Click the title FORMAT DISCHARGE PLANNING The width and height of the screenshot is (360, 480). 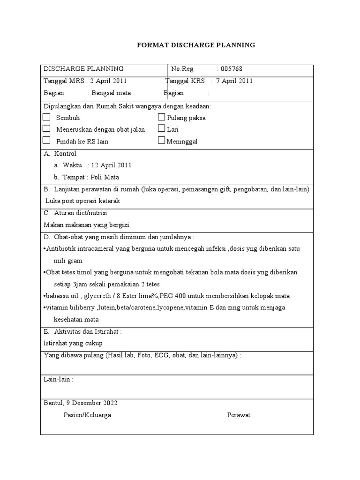pos(196,45)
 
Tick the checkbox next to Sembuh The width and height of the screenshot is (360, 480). pos(46,117)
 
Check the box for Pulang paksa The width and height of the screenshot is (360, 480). pos(162,117)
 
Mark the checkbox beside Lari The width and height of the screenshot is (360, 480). pos(162,128)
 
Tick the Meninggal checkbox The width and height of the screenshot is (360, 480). pos(162,140)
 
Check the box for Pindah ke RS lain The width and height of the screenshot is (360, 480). pos(46,140)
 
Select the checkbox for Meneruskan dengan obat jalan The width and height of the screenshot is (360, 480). pos(46,128)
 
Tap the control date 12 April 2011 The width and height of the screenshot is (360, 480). pos(112,165)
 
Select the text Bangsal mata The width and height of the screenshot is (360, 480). pos(111,93)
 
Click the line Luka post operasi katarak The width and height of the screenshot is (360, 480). pos(83,201)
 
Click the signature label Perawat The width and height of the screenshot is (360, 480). pos(239,415)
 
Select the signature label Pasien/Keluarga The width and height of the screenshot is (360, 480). pos(87,415)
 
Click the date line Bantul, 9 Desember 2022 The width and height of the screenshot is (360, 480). pos(81,403)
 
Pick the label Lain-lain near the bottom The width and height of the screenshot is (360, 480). pos(58,379)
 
